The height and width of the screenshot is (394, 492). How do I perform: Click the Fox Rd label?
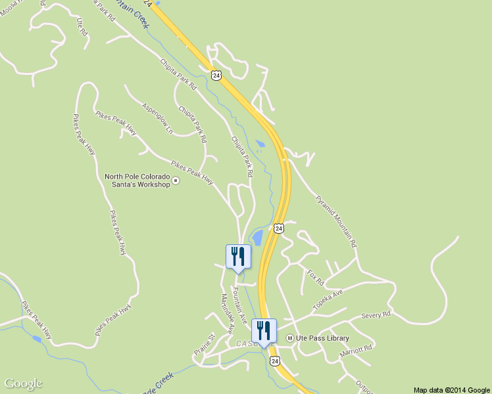click(x=316, y=276)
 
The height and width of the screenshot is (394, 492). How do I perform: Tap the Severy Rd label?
click(x=376, y=315)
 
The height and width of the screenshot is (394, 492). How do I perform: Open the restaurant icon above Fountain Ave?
click(x=238, y=257)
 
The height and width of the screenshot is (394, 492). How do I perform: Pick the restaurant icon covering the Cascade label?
click(x=264, y=331)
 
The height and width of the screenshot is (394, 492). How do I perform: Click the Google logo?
click(x=23, y=383)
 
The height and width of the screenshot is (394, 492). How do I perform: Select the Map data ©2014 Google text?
click(x=452, y=389)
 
